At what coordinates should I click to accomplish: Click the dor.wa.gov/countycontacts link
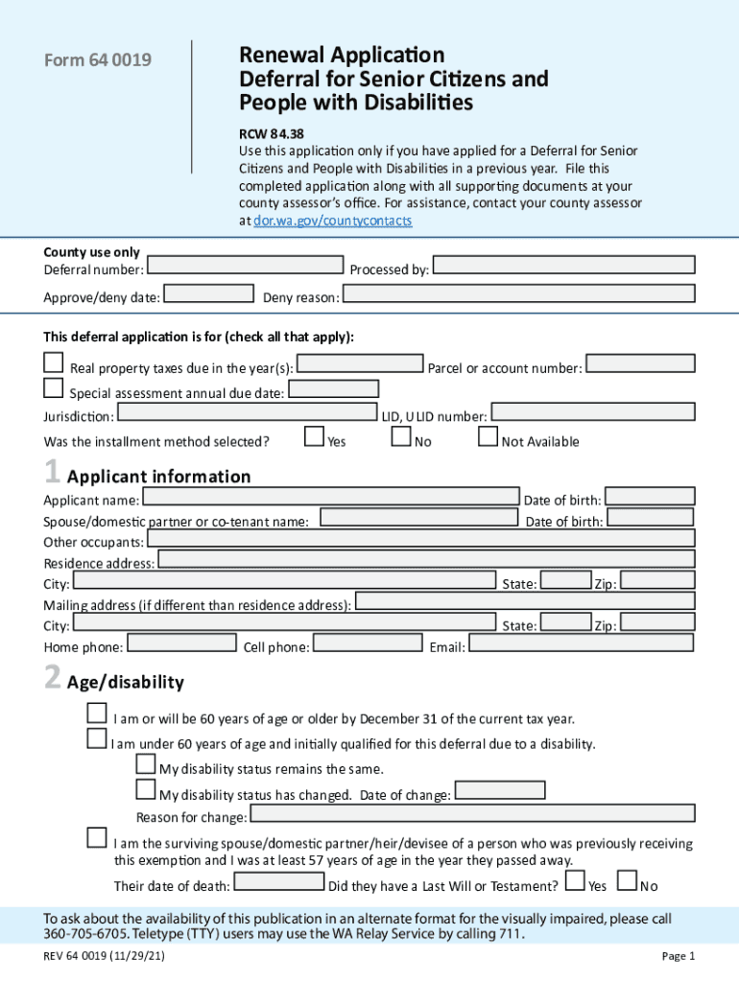click(332, 221)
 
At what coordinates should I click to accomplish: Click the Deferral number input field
click(247, 266)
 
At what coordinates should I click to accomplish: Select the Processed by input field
click(563, 266)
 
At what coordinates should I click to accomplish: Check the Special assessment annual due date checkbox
click(54, 388)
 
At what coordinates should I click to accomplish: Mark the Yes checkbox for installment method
click(314, 436)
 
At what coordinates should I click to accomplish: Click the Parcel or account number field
click(639, 363)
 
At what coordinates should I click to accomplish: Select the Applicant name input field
click(331, 497)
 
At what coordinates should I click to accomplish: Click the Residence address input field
click(425, 559)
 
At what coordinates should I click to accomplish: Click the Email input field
click(581, 643)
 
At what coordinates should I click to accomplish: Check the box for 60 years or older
click(97, 713)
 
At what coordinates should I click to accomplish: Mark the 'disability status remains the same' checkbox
click(145, 764)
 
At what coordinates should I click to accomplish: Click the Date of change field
click(500, 791)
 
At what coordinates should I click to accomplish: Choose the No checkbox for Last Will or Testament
click(627, 880)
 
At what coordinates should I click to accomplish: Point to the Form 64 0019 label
click(98, 61)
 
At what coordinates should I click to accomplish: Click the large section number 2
click(53, 680)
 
